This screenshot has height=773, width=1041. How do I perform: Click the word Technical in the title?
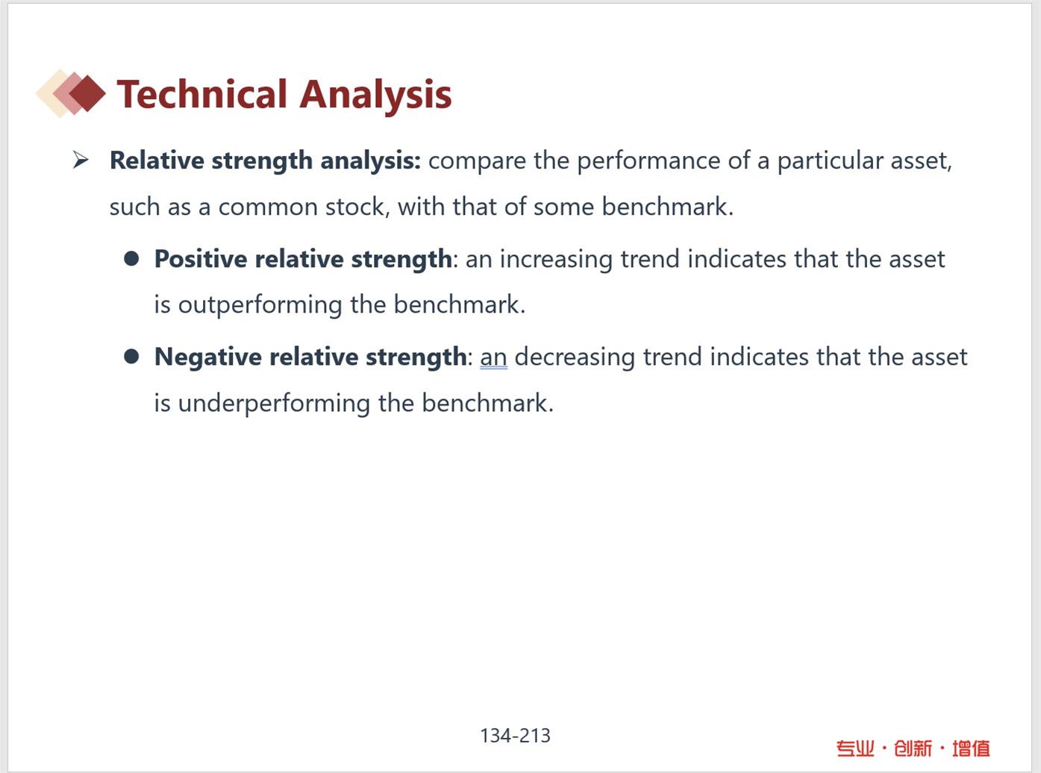[201, 94]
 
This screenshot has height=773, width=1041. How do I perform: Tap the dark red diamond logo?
[87, 93]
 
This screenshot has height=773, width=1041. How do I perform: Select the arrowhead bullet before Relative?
[81, 160]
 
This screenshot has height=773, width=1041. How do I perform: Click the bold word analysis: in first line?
[370, 161]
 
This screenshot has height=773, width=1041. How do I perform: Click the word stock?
[357, 207]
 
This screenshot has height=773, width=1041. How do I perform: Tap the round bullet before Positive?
[131, 259]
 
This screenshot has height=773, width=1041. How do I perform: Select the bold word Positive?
[201, 259]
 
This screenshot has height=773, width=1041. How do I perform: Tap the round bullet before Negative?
[131, 357]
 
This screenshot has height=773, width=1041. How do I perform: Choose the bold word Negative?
[208, 357]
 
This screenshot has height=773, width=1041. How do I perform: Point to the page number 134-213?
[515, 736]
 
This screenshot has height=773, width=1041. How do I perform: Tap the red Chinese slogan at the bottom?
[913, 748]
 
